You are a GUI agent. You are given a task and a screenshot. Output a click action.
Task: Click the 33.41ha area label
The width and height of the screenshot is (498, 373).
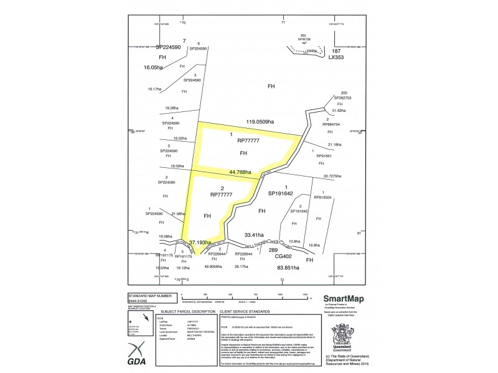[x=255, y=235]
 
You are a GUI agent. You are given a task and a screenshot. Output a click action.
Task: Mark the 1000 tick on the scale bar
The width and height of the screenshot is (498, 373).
[x=280, y=294]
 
